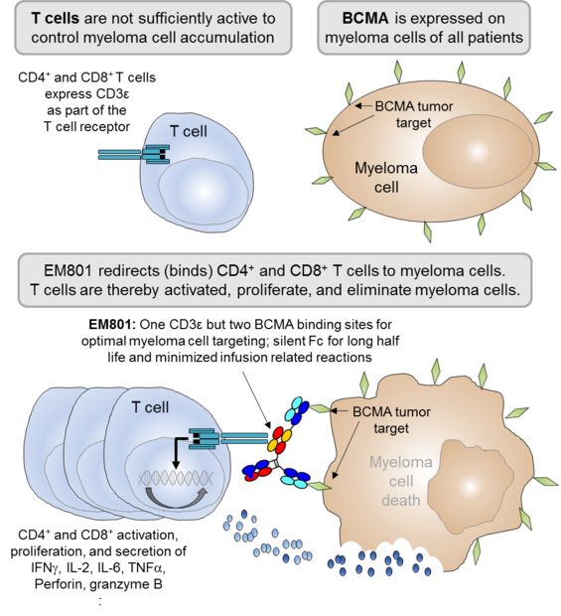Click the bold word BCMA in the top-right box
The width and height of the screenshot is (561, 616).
(365, 19)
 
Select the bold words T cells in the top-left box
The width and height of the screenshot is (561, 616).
(56, 19)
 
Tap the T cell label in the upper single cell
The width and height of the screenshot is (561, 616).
(189, 131)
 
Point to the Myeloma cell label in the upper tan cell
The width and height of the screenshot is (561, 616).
(386, 178)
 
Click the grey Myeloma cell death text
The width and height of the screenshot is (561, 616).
(401, 481)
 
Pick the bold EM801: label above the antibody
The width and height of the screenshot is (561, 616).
(112, 325)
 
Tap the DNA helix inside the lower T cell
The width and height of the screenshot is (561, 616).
(176, 478)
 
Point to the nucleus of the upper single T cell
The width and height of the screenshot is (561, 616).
(204, 193)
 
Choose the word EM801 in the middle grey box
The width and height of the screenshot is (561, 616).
(68, 270)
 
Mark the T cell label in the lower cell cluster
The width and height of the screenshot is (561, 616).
(150, 407)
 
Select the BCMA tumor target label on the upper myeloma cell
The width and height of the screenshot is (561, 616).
(414, 114)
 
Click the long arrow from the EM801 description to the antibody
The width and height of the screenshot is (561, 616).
(256, 399)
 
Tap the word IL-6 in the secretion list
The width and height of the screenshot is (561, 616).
(110, 567)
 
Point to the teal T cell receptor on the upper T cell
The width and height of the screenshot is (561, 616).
(134, 154)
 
